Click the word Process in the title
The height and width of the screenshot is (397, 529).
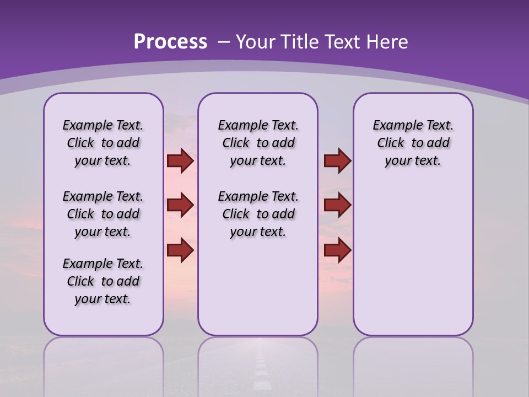tap(170, 41)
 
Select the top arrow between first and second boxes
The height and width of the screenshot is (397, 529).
tap(180, 160)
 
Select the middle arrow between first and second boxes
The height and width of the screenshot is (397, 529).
tap(180, 205)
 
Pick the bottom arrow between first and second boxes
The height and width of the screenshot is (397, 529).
tap(180, 250)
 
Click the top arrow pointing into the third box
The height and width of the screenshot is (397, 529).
tap(337, 160)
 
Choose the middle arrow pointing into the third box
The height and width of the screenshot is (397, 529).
tap(337, 205)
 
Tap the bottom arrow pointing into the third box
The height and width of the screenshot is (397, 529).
tap(337, 250)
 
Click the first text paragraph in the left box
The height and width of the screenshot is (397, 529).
tap(103, 143)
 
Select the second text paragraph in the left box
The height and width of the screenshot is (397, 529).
tap(103, 214)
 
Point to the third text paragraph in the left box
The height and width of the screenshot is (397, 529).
tap(103, 281)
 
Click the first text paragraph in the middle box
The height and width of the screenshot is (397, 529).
tap(258, 143)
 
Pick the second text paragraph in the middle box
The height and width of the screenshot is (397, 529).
tap(258, 214)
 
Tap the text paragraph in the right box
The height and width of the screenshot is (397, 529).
tap(413, 143)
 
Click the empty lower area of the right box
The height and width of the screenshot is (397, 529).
tap(413, 259)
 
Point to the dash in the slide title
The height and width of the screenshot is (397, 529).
tap(224, 42)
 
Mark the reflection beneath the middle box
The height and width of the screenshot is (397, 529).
tap(258, 364)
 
